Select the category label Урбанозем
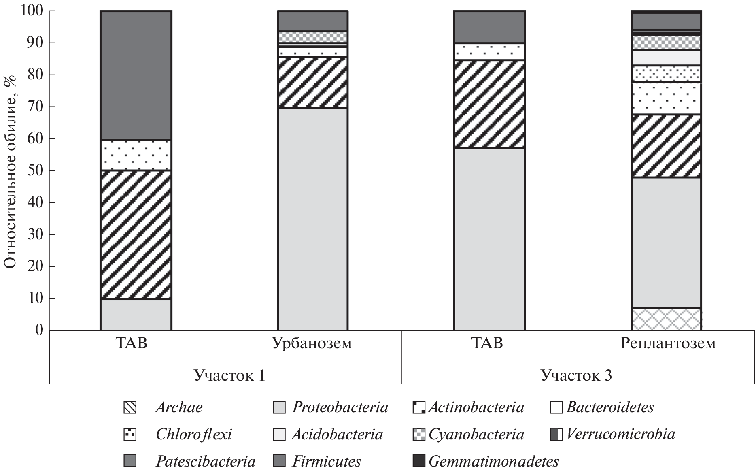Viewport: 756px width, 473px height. [312, 343]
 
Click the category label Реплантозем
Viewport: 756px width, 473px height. [668, 343]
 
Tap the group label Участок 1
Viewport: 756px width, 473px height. [229, 375]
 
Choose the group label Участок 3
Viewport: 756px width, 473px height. [576, 375]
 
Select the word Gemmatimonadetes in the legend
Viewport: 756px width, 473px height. [494, 461]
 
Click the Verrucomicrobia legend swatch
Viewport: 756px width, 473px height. [556, 435]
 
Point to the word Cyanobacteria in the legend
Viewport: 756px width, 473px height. [476, 435]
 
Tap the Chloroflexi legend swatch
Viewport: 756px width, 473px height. [130, 435]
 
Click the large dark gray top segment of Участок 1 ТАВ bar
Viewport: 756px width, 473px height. [136, 76]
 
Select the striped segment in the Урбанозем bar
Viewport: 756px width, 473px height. [312, 82]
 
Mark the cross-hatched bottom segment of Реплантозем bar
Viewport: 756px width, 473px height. [667, 319]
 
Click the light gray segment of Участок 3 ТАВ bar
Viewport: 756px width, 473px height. [489, 239]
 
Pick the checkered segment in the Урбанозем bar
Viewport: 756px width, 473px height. [312, 37]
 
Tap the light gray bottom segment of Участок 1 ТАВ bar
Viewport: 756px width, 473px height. [136, 315]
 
